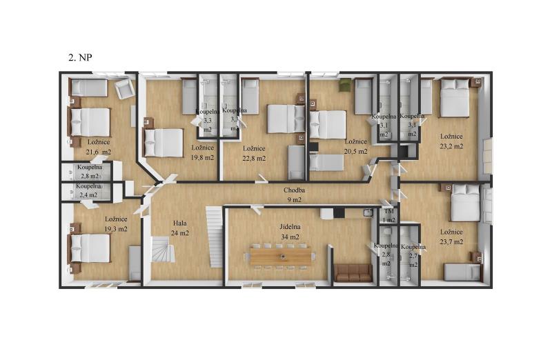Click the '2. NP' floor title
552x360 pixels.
tap(80, 57)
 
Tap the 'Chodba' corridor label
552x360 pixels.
tap(294, 190)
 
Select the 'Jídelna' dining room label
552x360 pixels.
tap(290, 227)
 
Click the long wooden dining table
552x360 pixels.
tap(281, 256)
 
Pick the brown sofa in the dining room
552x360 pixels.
tap(353, 273)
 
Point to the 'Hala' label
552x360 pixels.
tap(179, 223)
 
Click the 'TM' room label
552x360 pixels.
tap(388, 211)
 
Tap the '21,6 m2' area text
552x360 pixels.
tap(99, 152)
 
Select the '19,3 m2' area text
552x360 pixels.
tap(116, 229)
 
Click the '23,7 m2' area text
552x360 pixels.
tap(451, 242)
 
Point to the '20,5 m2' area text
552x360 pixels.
tap(356, 151)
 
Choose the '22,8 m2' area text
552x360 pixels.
tap(254, 158)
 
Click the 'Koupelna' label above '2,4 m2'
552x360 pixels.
tap(88, 186)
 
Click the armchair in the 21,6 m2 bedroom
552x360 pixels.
tap(124, 89)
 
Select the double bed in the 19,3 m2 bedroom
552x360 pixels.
tap(90, 248)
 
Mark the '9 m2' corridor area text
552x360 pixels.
tap(294, 200)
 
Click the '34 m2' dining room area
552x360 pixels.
tap(290, 237)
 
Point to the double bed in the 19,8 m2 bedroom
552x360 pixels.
tap(164, 143)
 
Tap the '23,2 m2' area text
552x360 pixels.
tap(451, 146)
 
